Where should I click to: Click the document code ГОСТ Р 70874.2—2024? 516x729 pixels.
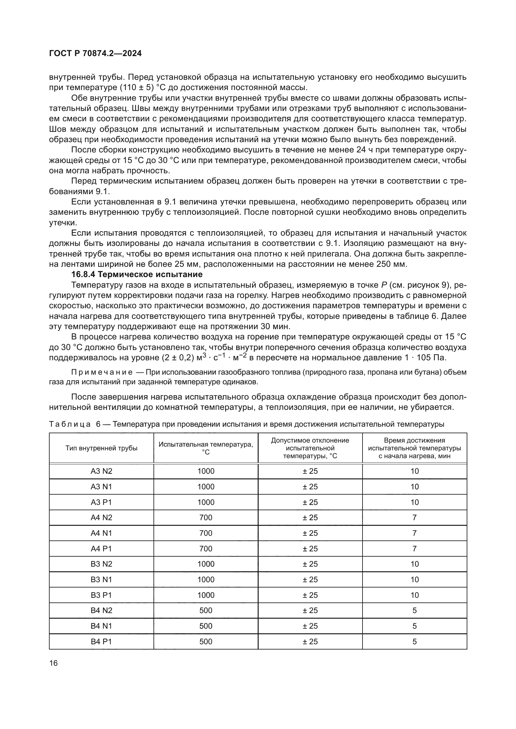95,54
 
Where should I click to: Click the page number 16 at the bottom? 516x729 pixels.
53,663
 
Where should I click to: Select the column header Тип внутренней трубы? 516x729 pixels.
101,448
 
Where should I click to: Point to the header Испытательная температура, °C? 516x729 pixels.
206,448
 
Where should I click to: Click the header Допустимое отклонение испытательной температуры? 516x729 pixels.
310,448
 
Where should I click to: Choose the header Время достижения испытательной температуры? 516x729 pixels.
414,448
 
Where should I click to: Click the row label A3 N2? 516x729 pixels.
101,471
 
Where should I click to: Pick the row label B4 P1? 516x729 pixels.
101,641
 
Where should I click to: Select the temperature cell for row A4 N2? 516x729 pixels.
206,518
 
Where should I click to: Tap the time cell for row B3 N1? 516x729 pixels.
414,579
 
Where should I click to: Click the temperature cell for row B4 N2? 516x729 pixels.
206,610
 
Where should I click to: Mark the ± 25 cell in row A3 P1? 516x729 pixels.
310,502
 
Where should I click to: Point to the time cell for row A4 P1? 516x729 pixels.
414,549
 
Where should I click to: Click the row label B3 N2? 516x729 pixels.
101,564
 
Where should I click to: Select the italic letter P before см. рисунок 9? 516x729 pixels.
384,285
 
